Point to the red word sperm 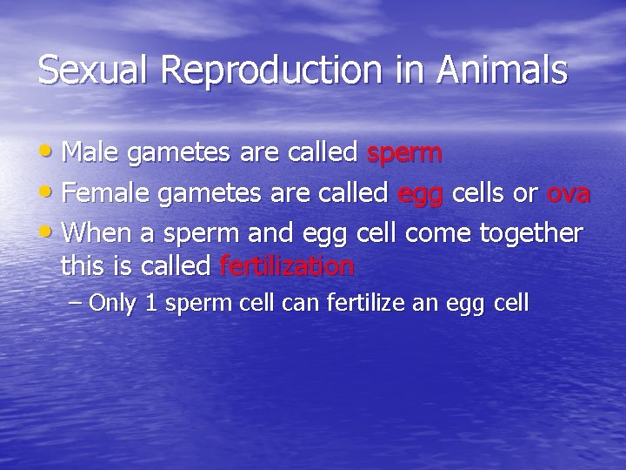pyautogui.click(x=404, y=155)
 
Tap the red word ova pyautogui.click(x=569, y=193)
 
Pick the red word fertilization pyautogui.click(x=287, y=265)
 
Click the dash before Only pyautogui.click(x=76, y=305)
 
